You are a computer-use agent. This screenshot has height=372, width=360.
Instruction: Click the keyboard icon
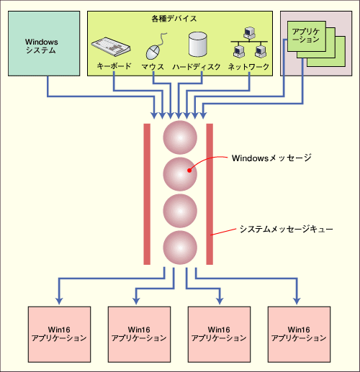click(x=111, y=47)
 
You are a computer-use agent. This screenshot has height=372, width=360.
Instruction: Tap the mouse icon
click(x=155, y=48)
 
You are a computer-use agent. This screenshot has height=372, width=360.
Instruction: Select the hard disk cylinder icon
click(x=198, y=45)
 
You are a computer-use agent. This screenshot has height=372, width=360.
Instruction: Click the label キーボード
click(x=114, y=66)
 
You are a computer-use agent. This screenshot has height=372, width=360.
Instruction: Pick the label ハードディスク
click(x=197, y=66)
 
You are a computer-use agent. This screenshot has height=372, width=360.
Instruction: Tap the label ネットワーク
click(x=248, y=66)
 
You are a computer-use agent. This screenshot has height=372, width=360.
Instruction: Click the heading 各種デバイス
click(x=174, y=19)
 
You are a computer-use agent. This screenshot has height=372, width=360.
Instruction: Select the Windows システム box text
click(x=41, y=46)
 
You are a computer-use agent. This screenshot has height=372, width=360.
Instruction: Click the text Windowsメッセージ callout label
click(x=271, y=158)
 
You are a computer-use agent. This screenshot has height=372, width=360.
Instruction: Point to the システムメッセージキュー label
click(x=286, y=230)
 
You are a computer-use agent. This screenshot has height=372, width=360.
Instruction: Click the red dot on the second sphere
click(x=189, y=171)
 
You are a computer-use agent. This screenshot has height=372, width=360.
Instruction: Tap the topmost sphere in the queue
click(x=180, y=137)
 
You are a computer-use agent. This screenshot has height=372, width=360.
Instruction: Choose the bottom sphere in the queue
click(x=180, y=248)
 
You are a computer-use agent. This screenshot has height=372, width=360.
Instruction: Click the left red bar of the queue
click(x=147, y=194)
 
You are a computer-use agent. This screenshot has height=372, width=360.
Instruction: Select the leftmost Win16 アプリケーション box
click(x=59, y=335)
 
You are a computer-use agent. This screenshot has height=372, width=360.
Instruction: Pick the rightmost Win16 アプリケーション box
click(x=299, y=335)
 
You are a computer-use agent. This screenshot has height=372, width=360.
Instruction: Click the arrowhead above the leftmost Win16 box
click(x=59, y=301)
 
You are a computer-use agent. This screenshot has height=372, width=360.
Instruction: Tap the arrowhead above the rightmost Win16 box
click(x=297, y=301)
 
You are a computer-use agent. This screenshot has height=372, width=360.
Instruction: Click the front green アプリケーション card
click(x=307, y=36)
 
